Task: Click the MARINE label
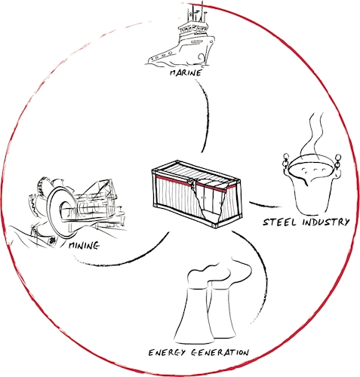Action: click(186, 73)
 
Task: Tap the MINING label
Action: click(84, 246)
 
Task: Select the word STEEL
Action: click(280, 222)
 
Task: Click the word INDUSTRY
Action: click(326, 222)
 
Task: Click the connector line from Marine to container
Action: click(206, 115)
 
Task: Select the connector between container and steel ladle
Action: click(265, 205)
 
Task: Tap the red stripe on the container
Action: click(194, 183)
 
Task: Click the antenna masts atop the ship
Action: click(198, 13)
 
